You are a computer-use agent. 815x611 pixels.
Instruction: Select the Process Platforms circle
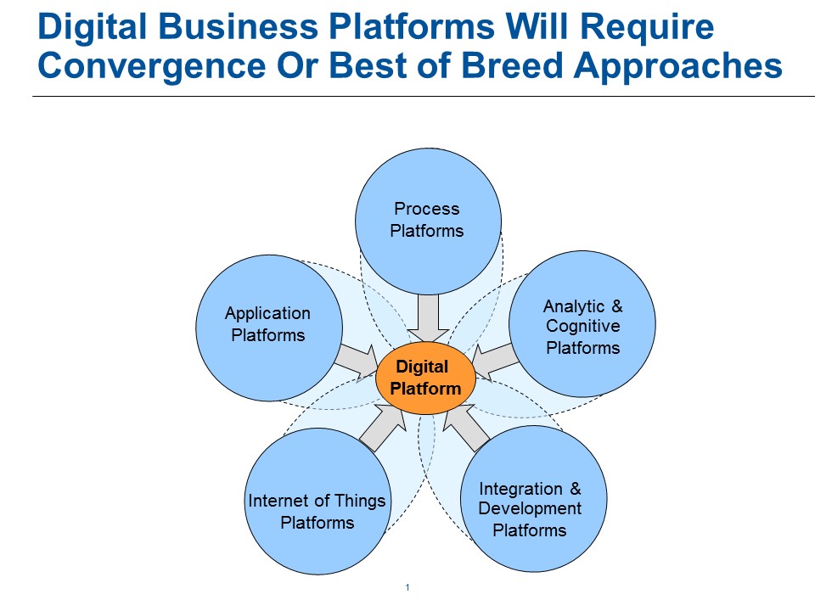click(x=427, y=220)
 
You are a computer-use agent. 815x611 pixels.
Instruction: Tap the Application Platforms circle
click(x=268, y=325)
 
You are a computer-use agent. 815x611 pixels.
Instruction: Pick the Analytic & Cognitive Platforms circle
click(x=582, y=326)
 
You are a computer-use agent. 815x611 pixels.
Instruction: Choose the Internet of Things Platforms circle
click(x=317, y=502)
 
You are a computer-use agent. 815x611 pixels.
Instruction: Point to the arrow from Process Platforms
click(x=432, y=316)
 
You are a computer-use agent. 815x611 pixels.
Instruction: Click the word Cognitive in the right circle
click(x=583, y=327)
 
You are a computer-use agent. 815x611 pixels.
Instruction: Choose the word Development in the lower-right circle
click(x=531, y=508)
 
